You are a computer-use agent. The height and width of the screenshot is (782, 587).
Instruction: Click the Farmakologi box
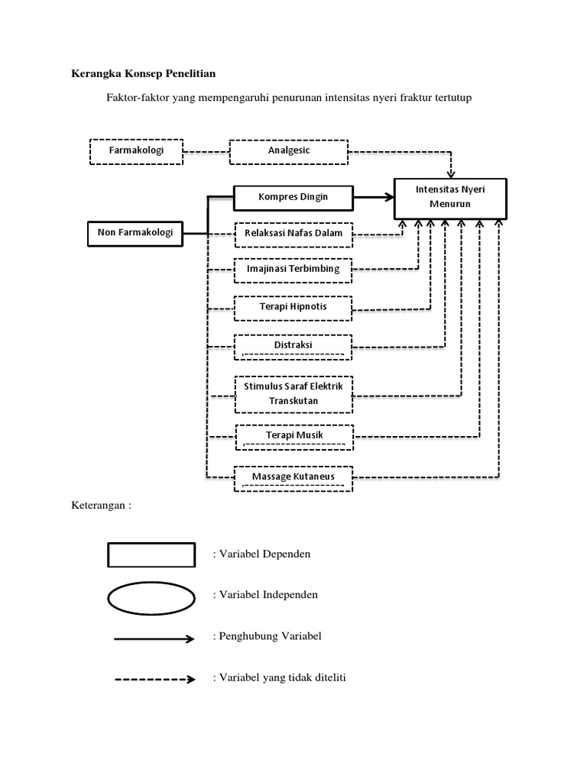point(138,151)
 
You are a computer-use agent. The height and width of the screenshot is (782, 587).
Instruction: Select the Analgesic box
point(289,151)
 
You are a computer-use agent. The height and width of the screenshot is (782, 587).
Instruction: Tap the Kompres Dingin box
point(293,197)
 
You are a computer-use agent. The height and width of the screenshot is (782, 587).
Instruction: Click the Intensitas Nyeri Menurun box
point(449,197)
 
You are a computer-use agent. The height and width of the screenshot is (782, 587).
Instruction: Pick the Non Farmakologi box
point(135,232)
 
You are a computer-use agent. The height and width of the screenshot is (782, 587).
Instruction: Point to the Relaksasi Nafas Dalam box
point(293,234)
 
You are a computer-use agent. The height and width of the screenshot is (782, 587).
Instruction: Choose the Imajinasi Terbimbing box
point(293,270)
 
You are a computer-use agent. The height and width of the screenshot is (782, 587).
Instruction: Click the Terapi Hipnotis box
point(293,308)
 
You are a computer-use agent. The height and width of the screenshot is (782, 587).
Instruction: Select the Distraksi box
point(293,347)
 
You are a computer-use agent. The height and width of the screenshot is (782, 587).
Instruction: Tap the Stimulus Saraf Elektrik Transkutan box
point(293,393)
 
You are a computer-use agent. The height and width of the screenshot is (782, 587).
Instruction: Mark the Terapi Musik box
point(293,436)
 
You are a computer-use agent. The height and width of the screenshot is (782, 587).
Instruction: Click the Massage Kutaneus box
point(293,478)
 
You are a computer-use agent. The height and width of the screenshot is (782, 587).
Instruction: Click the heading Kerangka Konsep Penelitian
point(144,74)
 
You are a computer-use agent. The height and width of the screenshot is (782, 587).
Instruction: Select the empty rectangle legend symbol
point(151,554)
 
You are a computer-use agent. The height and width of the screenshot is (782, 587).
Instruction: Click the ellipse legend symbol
point(151,596)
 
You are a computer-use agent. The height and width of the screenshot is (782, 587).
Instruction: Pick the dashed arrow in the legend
point(154,678)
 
